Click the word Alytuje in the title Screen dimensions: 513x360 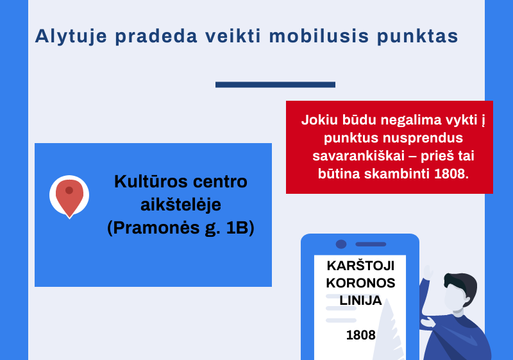[71, 37]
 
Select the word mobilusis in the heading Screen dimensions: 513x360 [319, 36]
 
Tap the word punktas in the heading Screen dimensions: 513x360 [417, 37]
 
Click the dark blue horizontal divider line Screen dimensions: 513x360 [275, 85]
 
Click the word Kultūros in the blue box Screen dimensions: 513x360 [151, 182]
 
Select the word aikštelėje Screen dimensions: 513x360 [181, 205]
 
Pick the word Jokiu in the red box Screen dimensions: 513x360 [319, 120]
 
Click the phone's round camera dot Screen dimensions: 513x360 [341, 244]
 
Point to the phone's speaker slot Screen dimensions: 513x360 [371, 244]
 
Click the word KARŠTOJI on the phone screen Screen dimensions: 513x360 [360, 266]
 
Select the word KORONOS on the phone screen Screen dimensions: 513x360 [360, 283]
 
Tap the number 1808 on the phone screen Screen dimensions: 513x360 [360, 335]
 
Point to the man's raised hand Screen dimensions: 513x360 [427, 271]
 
